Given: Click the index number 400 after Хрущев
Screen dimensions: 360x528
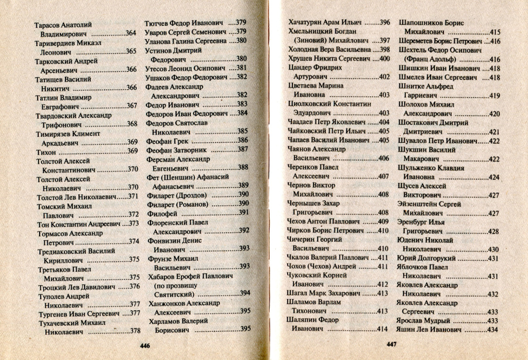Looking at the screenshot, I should click(x=384, y=59).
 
